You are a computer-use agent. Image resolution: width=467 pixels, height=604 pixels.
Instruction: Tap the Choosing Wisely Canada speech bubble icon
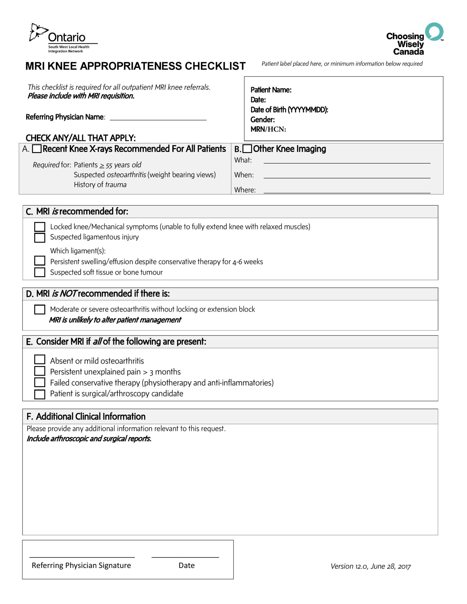point(434,31)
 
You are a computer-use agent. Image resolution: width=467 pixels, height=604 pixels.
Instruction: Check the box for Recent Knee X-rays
point(37,149)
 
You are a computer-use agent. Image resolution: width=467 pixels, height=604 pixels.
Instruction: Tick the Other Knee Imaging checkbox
point(247,149)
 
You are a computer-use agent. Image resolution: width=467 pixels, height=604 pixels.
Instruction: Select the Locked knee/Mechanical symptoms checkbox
point(40,227)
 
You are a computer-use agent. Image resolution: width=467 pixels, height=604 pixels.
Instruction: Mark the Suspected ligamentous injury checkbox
point(40,237)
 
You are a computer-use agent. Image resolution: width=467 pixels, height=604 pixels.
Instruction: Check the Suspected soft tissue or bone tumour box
point(40,272)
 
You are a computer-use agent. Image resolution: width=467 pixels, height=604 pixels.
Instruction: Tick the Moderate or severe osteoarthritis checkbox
point(40,309)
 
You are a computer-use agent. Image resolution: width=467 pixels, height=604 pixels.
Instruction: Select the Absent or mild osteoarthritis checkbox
point(40,360)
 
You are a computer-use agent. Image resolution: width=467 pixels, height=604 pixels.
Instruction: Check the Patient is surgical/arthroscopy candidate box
point(40,394)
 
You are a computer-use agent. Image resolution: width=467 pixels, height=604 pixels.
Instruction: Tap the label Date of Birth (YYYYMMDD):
point(289,110)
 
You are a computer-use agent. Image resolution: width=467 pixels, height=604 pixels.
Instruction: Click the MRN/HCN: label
point(268,129)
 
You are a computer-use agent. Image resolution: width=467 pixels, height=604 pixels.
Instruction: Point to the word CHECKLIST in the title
point(215,66)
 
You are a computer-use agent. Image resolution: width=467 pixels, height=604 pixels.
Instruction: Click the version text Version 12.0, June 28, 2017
point(370,566)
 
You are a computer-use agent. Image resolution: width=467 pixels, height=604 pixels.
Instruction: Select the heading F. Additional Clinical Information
point(86,416)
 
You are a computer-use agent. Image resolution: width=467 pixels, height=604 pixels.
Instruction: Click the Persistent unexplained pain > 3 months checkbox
point(40,371)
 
